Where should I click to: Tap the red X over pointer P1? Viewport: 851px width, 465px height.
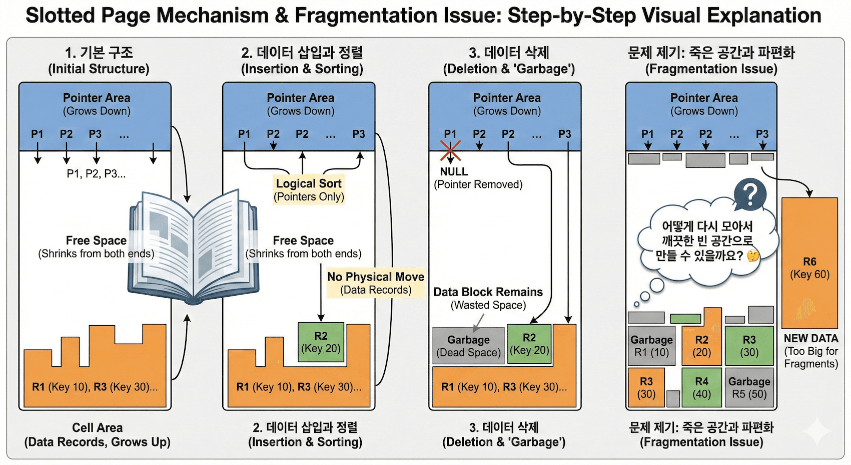pyautogui.click(x=450, y=150)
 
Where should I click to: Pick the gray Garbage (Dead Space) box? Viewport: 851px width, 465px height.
pyautogui.click(x=468, y=346)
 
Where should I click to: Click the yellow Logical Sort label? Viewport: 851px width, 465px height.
pyautogui.click(x=309, y=189)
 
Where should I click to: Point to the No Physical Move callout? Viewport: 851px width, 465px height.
pyautogui.click(x=376, y=283)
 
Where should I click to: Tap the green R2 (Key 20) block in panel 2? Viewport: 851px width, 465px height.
pyautogui.click(x=321, y=342)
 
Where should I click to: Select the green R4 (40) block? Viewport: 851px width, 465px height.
pyautogui.click(x=701, y=387)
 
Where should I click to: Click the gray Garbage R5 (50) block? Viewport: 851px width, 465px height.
pyautogui.click(x=749, y=387)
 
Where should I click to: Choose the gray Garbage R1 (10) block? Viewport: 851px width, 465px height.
pyautogui.click(x=651, y=346)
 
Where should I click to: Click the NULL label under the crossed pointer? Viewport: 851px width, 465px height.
pyautogui.click(x=454, y=171)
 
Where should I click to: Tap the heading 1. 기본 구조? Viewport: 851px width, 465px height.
pyautogui.click(x=99, y=53)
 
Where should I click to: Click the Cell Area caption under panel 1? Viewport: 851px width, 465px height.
pyautogui.click(x=97, y=434)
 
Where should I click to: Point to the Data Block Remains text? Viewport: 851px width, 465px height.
pyautogui.click(x=488, y=292)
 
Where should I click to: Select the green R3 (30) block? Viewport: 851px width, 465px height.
pyautogui.click(x=749, y=346)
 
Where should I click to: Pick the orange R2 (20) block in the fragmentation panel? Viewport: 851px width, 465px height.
pyautogui.click(x=701, y=346)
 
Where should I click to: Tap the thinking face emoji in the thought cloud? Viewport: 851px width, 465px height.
pyautogui.click(x=752, y=256)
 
